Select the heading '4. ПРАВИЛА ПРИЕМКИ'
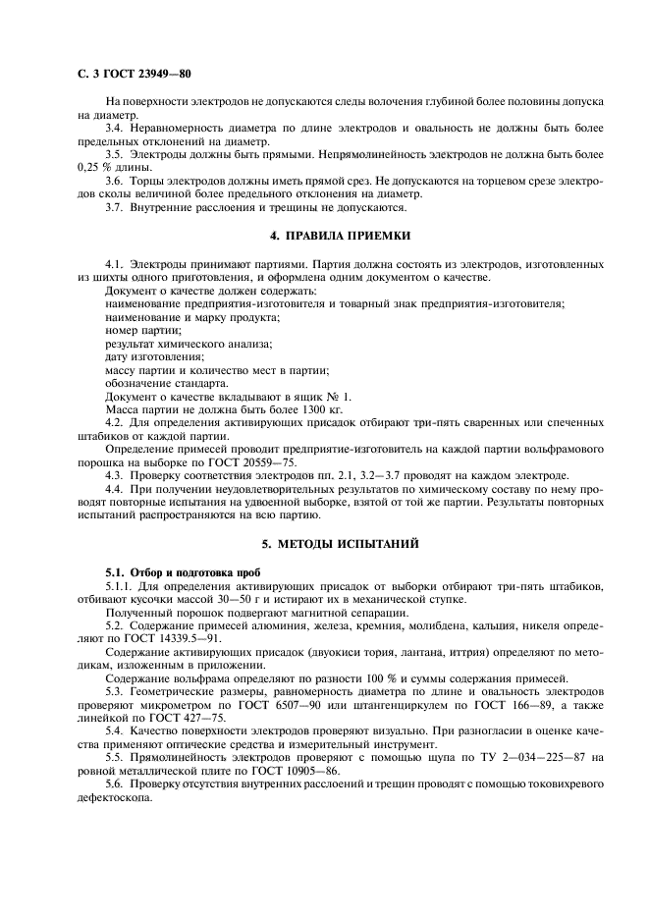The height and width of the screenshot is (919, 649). point(324,237)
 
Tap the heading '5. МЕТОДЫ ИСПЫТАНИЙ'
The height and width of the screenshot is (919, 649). point(324,542)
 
